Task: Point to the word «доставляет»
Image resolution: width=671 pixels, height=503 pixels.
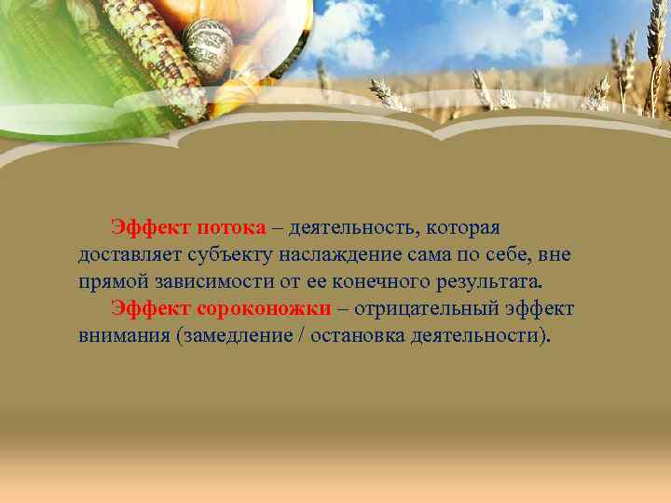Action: [x=130, y=254]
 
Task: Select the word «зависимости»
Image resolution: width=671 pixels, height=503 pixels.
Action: [x=210, y=281]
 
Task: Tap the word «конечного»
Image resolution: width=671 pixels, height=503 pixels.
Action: [x=370, y=281]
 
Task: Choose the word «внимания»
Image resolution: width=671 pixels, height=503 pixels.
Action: [x=123, y=334]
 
